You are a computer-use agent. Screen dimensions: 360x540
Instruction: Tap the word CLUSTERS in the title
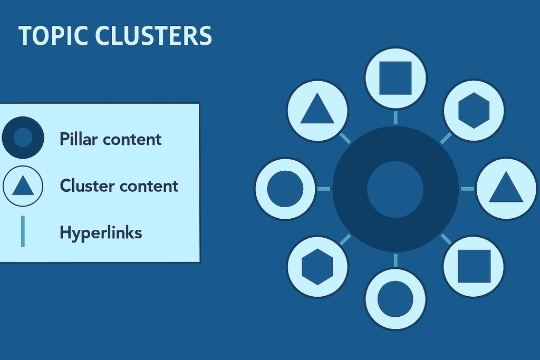click(153, 36)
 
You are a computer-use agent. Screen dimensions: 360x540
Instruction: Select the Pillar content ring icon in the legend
click(23, 138)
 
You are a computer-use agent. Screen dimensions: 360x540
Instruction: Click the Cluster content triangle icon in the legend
click(23, 186)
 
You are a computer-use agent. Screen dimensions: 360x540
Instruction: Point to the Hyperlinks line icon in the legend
click(23, 231)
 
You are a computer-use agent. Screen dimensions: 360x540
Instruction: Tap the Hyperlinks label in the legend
click(101, 232)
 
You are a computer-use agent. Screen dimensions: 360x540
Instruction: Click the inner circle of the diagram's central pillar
click(395, 189)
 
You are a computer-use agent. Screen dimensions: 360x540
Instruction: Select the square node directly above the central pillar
click(396, 78)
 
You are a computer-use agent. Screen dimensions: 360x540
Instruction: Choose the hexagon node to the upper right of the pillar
click(474, 110)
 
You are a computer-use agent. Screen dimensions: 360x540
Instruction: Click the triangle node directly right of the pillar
click(506, 188)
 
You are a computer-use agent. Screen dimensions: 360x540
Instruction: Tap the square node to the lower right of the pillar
click(474, 266)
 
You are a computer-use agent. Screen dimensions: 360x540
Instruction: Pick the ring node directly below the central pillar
click(396, 299)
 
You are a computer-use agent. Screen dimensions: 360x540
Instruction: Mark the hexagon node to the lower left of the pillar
click(317, 266)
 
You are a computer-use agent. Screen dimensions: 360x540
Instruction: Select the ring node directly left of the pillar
click(285, 189)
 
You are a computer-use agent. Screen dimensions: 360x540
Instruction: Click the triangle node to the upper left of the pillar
click(317, 110)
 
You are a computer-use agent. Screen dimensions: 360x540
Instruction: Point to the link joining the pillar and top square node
click(396, 118)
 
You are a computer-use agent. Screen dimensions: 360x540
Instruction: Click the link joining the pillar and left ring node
click(324, 189)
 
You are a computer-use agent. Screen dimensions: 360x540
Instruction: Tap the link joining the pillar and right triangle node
click(467, 189)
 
